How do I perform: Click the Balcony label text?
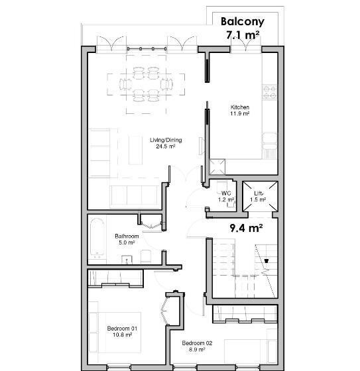point(243,22)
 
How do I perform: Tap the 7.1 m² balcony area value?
point(243,35)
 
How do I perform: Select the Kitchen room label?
point(240,107)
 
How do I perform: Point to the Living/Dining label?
point(166,140)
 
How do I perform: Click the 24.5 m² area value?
point(166,146)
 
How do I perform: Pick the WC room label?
point(226,193)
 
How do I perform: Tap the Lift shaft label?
point(258,193)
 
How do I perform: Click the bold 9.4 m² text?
point(247,229)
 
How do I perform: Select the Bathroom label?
point(127,236)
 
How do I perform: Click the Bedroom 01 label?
point(122,329)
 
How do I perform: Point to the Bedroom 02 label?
point(197,343)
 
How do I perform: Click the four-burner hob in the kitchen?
point(270,92)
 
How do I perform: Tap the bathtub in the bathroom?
point(97,238)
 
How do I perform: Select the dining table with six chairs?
point(146,85)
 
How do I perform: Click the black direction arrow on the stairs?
point(267,261)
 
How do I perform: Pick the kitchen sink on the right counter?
point(270,141)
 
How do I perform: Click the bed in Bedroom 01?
point(115,333)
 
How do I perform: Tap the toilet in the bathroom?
point(146,257)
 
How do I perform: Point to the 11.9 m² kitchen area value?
point(240,113)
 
